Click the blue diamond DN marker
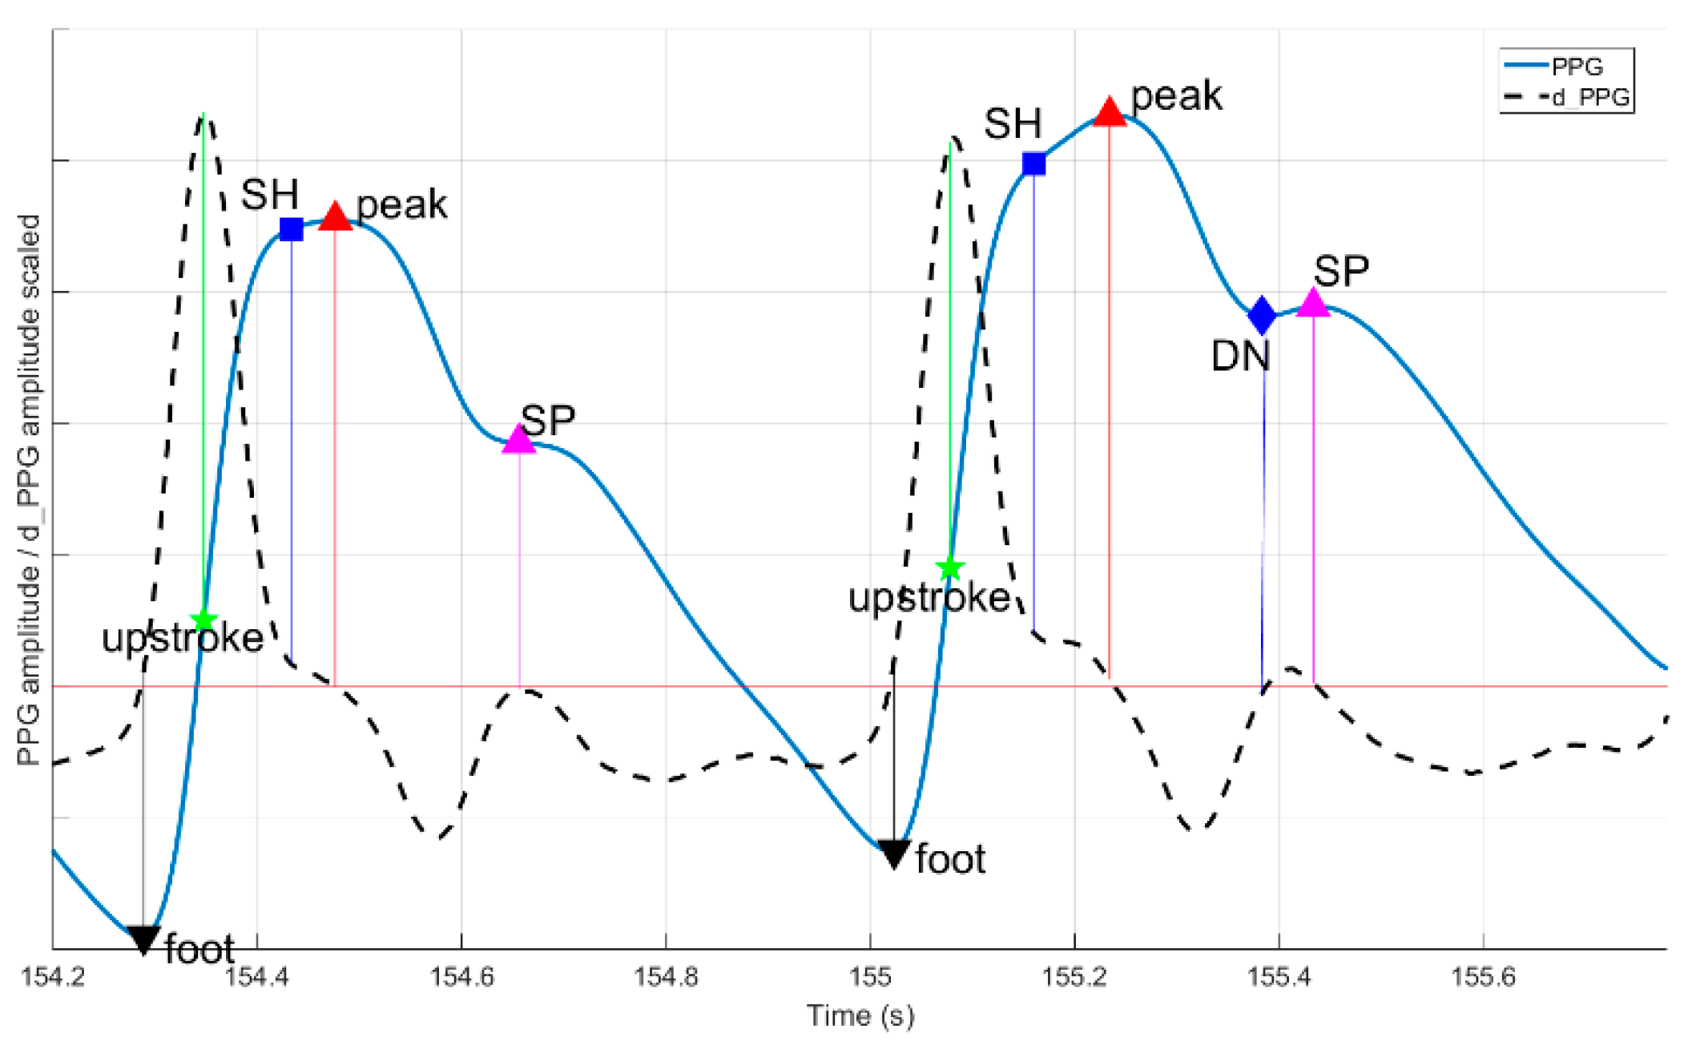1262,315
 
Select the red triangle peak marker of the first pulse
335,217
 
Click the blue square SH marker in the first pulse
292,229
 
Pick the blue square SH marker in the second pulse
1034,164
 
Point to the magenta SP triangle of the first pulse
519,440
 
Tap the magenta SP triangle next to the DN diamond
1313,303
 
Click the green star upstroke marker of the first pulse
203,620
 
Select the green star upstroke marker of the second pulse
949,568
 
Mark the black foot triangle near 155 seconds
893,853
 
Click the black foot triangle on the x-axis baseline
143,939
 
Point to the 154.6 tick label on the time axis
461,977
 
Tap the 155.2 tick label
1074,977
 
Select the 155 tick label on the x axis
870,977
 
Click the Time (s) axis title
860,1016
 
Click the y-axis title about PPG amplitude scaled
29,489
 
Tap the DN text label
1240,356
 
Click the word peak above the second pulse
1176,96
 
